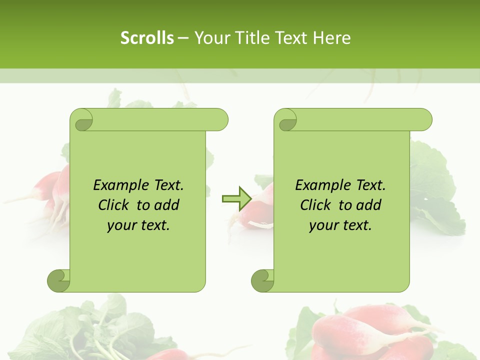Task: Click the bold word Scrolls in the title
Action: [147, 38]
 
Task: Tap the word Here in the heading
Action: [332, 38]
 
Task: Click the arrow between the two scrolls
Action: [236, 198]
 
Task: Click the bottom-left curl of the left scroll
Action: [58, 280]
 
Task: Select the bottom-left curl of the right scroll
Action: [262, 280]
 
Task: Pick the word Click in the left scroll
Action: [114, 205]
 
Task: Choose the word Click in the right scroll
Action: [315, 205]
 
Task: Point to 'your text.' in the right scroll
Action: [340, 225]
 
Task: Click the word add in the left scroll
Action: [167, 205]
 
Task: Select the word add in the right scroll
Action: [369, 205]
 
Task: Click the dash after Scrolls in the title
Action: [183, 38]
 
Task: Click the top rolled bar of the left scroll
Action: [155, 119]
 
